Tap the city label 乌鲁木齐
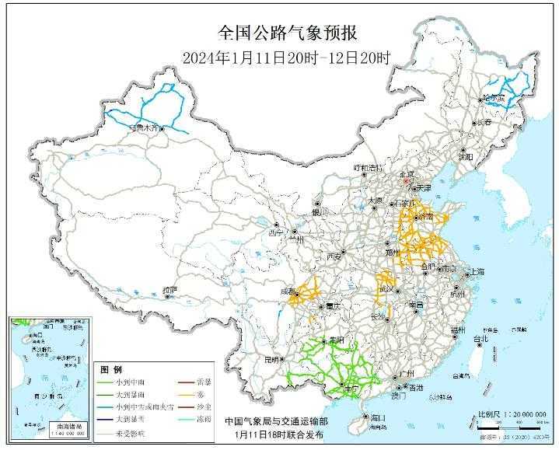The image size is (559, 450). (147, 127)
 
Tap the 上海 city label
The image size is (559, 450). (476, 272)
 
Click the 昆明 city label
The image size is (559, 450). (271, 360)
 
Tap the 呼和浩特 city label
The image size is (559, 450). (369, 168)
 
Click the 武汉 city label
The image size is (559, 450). (383, 288)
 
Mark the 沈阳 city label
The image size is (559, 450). (465, 155)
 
